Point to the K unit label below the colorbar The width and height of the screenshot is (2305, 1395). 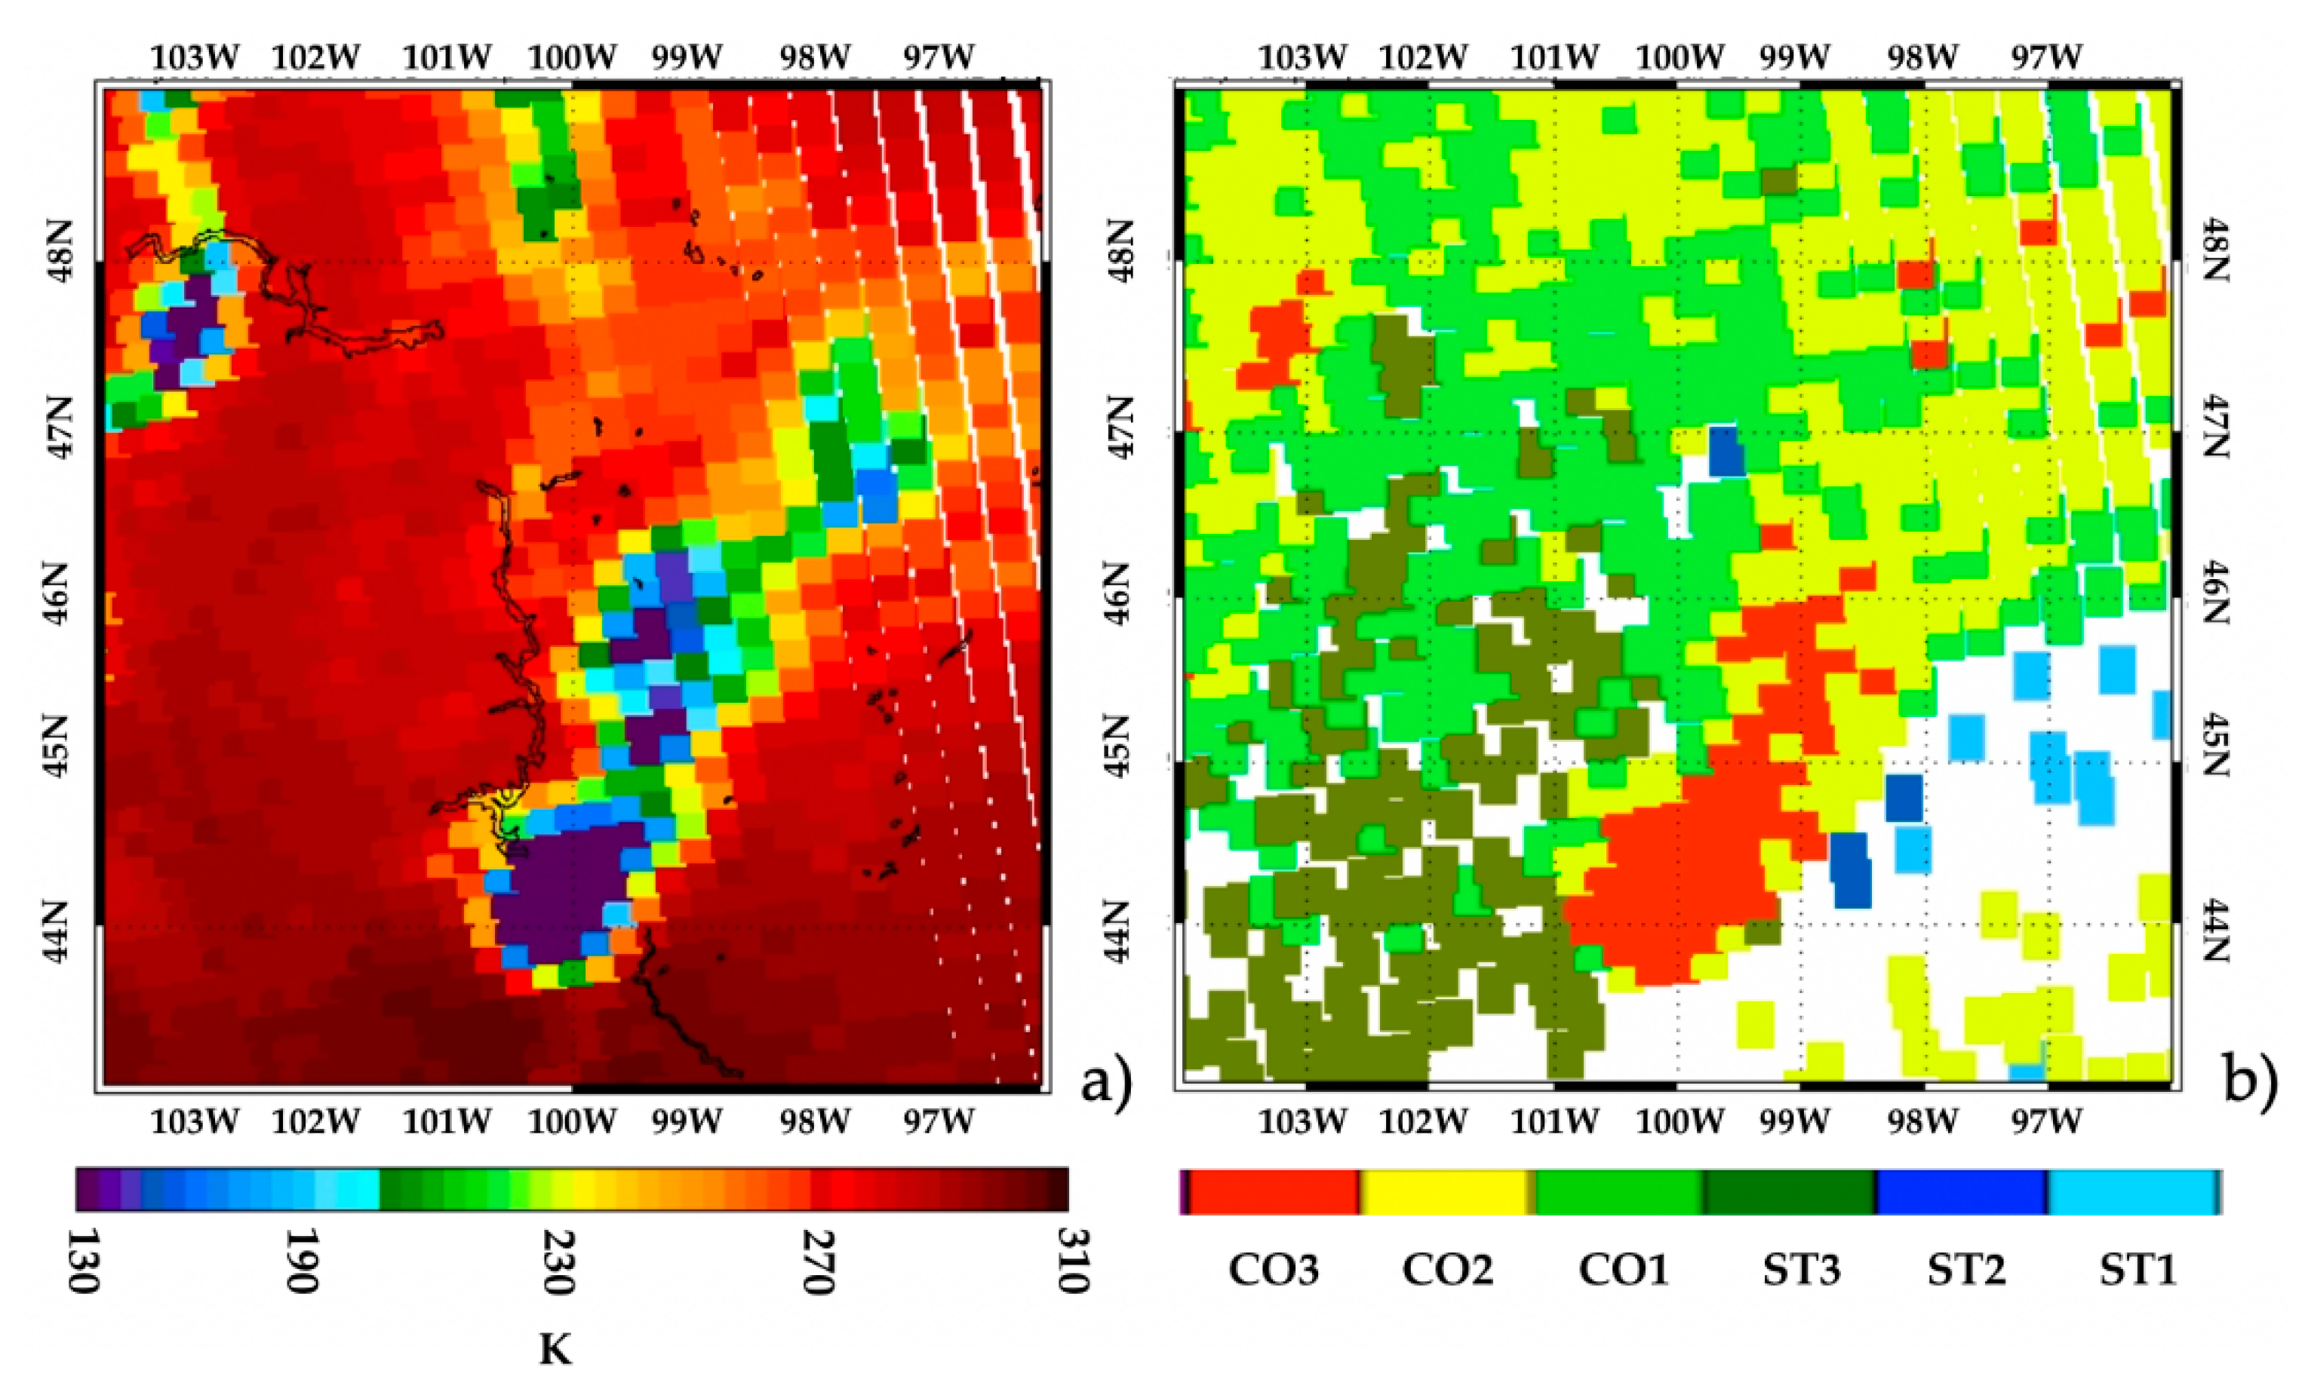click(555, 1349)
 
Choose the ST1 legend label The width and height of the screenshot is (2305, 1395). click(2138, 1270)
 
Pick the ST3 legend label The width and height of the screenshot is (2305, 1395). click(1801, 1270)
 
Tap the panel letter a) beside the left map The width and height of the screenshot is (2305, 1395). click(1106, 1084)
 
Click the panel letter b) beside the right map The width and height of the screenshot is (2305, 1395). click(2251, 1084)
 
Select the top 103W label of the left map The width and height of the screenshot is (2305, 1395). click(195, 57)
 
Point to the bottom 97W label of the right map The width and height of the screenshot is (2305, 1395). click(2047, 1120)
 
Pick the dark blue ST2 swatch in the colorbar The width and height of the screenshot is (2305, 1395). click(1961, 1192)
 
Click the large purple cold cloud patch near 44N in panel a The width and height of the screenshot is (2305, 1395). click(561, 888)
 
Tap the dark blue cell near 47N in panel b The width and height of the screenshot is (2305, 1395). click(1727, 451)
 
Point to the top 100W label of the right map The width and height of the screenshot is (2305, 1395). click(1680, 57)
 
